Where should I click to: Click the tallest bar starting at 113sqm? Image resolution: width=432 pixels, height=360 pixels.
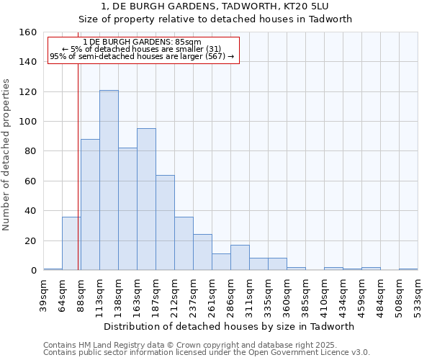click(109, 180)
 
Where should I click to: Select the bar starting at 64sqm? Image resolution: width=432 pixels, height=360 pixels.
click(71, 243)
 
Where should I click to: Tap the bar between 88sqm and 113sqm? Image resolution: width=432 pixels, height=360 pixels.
click(90, 204)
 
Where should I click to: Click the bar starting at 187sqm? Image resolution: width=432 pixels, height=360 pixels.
click(165, 222)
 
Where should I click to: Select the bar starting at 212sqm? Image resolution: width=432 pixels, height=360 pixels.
click(184, 243)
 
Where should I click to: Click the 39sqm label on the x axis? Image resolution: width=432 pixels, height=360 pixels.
click(43, 294)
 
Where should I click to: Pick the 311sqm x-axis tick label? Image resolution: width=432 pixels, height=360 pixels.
click(249, 294)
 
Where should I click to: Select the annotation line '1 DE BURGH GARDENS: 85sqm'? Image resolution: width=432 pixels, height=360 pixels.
click(143, 42)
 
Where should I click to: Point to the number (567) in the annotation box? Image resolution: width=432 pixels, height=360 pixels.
click(214, 56)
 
